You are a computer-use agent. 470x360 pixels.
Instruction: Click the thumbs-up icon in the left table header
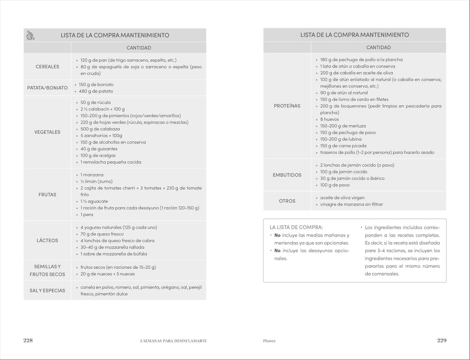tap(32, 35)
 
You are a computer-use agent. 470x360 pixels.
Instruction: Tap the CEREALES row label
tap(47, 66)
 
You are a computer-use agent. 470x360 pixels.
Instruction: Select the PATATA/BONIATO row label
tap(47, 88)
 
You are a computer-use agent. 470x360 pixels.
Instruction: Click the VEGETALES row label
tap(47, 132)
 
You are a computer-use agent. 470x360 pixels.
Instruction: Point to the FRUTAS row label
tap(47, 194)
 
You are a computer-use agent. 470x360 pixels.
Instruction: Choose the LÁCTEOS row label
tap(47, 240)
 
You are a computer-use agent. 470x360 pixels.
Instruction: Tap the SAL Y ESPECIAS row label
tap(47, 290)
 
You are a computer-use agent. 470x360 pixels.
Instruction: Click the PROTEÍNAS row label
tap(287, 106)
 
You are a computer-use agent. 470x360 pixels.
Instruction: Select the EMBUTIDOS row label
tap(287, 175)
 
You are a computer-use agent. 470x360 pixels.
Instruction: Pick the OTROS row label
tap(287, 201)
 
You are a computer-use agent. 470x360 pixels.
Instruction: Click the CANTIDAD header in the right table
tap(378, 47)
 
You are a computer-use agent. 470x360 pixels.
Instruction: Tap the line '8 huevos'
tap(330, 119)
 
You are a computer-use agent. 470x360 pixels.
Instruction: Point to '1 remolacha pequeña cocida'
tap(111, 162)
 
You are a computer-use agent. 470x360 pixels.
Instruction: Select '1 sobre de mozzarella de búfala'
tap(114, 254)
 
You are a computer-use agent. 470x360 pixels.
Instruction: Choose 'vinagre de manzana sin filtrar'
tap(351, 204)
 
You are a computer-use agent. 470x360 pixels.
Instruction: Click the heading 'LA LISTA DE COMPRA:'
tap(296, 227)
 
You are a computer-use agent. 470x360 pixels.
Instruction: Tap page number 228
tap(28, 340)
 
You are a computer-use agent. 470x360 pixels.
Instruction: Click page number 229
tap(442, 340)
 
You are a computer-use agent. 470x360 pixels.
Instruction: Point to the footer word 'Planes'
tap(269, 341)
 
